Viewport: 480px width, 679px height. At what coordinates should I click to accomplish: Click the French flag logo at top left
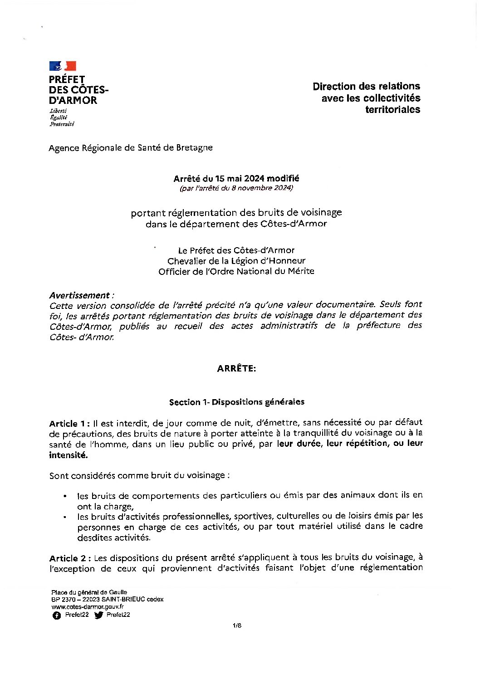pyautogui.click(x=63, y=66)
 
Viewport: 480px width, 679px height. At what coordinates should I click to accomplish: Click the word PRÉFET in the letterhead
pyautogui.click(x=67, y=79)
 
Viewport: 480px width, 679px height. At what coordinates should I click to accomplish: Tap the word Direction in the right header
pyautogui.click(x=334, y=86)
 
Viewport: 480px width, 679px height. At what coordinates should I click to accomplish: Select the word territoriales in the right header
pyautogui.click(x=392, y=109)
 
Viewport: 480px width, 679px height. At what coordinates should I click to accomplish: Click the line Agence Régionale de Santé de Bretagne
pyautogui.click(x=131, y=147)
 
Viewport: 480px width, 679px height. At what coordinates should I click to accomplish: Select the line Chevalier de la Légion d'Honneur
pyautogui.click(x=236, y=261)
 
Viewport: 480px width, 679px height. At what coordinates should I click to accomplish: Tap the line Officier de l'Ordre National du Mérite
pyautogui.click(x=236, y=271)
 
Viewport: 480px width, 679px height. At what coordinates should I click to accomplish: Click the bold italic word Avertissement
pyautogui.click(x=80, y=295)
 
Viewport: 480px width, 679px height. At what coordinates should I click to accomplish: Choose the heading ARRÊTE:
pyautogui.click(x=236, y=368)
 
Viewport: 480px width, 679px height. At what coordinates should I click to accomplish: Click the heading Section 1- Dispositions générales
pyautogui.click(x=236, y=402)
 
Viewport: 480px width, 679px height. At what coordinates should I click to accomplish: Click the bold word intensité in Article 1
pyautogui.click(x=68, y=454)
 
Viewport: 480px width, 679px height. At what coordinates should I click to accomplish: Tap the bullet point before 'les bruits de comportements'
pyautogui.click(x=65, y=496)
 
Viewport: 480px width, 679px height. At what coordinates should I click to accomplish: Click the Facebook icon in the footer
pyautogui.click(x=56, y=615)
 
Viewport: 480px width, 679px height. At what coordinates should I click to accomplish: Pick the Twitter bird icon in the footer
pyautogui.click(x=98, y=615)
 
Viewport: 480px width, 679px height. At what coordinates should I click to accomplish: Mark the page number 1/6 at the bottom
pyautogui.click(x=237, y=625)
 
